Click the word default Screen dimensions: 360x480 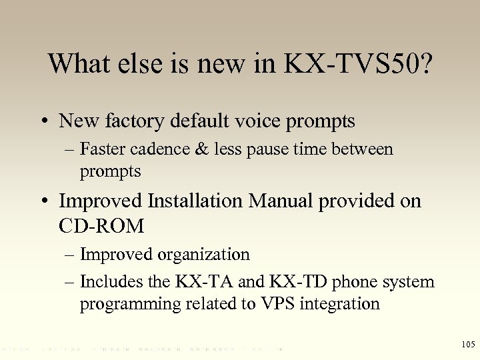click(201, 121)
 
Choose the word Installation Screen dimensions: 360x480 click(197, 201)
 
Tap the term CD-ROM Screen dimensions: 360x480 click(101, 226)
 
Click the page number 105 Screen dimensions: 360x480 click(467, 344)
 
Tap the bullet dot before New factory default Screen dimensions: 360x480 click(43, 122)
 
